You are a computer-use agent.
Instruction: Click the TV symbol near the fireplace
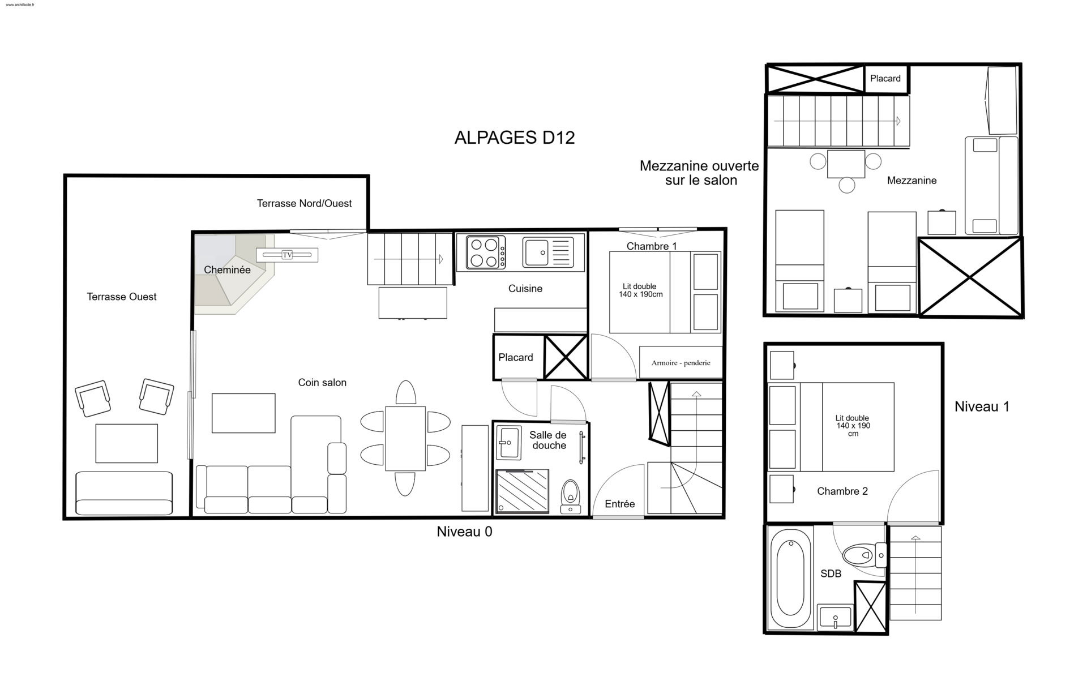pyautogui.click(x=287, y=255)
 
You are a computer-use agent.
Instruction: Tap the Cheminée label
pyautogui.click(x=227, y=270)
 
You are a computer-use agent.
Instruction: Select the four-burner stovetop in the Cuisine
pyautogui.click(x=486, y=252)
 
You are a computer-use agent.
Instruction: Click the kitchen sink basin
pyautogui.click(x=536, y=252)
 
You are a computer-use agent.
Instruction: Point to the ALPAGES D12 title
pyautogui.click(x=515, y=138)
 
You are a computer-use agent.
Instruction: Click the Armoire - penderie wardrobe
pyautogui.click(x=681, y=362)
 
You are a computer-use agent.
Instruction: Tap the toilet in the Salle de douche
pyautogui.click(x=571, y=496)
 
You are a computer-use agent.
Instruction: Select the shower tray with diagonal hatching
pyautogui.click(x=523, y=491)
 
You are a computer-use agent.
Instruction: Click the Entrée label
pyautogui.click(x=619, y=504)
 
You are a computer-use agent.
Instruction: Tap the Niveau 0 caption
pyautogui.click(x=464, y=532)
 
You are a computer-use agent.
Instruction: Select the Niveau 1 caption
pyautogui.click(x=982, y=406)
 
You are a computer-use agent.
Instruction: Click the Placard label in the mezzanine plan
pyautogui.click(x=885, y=79)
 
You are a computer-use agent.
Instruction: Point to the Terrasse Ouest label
pyautogui.click(x=122, y=297)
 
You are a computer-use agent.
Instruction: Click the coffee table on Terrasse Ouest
pyautogui.click(x=126, y=443)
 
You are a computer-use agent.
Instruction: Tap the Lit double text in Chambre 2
pyautogui.click(x=852, y=418)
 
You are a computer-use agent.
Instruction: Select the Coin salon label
pyautogui.click(x=322, y=383)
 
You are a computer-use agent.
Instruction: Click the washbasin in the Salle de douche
pyautogui.click(x=508, y=443)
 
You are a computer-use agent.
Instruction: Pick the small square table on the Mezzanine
pyautogui.click(x=846, y=164)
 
